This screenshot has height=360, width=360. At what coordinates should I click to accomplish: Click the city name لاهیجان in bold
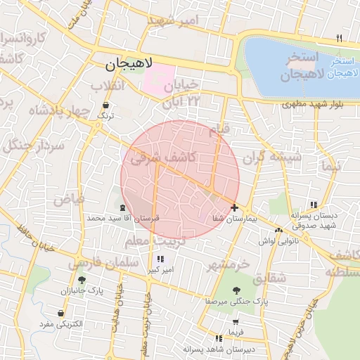[130, 66]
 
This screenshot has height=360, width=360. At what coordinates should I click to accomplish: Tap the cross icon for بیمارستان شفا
[234, 207]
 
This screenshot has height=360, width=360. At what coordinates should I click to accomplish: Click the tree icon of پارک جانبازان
[82, 279]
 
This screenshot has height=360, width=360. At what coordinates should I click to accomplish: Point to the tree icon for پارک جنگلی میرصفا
[236, 288]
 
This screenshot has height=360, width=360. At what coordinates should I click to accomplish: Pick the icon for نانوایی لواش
[279, 229]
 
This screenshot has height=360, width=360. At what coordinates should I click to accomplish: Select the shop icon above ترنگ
[105, 105]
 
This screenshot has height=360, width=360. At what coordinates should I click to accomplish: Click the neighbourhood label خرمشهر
[229, 265]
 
